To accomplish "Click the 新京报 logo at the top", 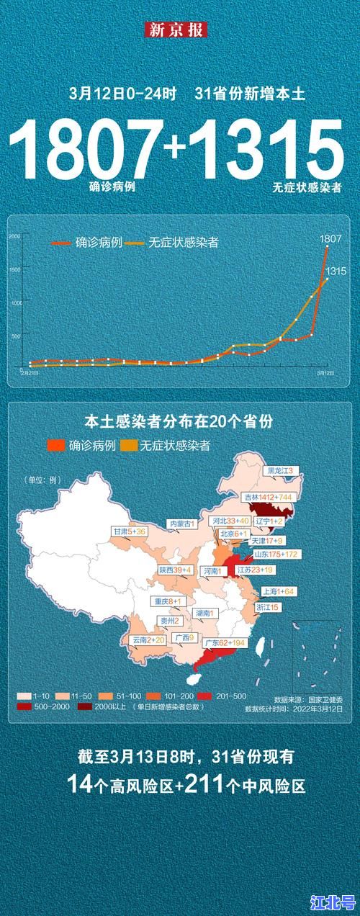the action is (x=177, y=30).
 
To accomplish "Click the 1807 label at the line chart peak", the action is (x=330, y=238).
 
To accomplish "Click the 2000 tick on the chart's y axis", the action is (x=14, y=236).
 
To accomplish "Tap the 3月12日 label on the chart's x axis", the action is (x=326, y=373).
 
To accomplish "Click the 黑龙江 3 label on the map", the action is (x=282, y=470).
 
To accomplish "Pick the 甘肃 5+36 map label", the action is (x=130, y=531).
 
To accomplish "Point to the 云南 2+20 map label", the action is (x=149, y=639).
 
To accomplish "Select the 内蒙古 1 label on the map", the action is (x=181, y=524).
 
